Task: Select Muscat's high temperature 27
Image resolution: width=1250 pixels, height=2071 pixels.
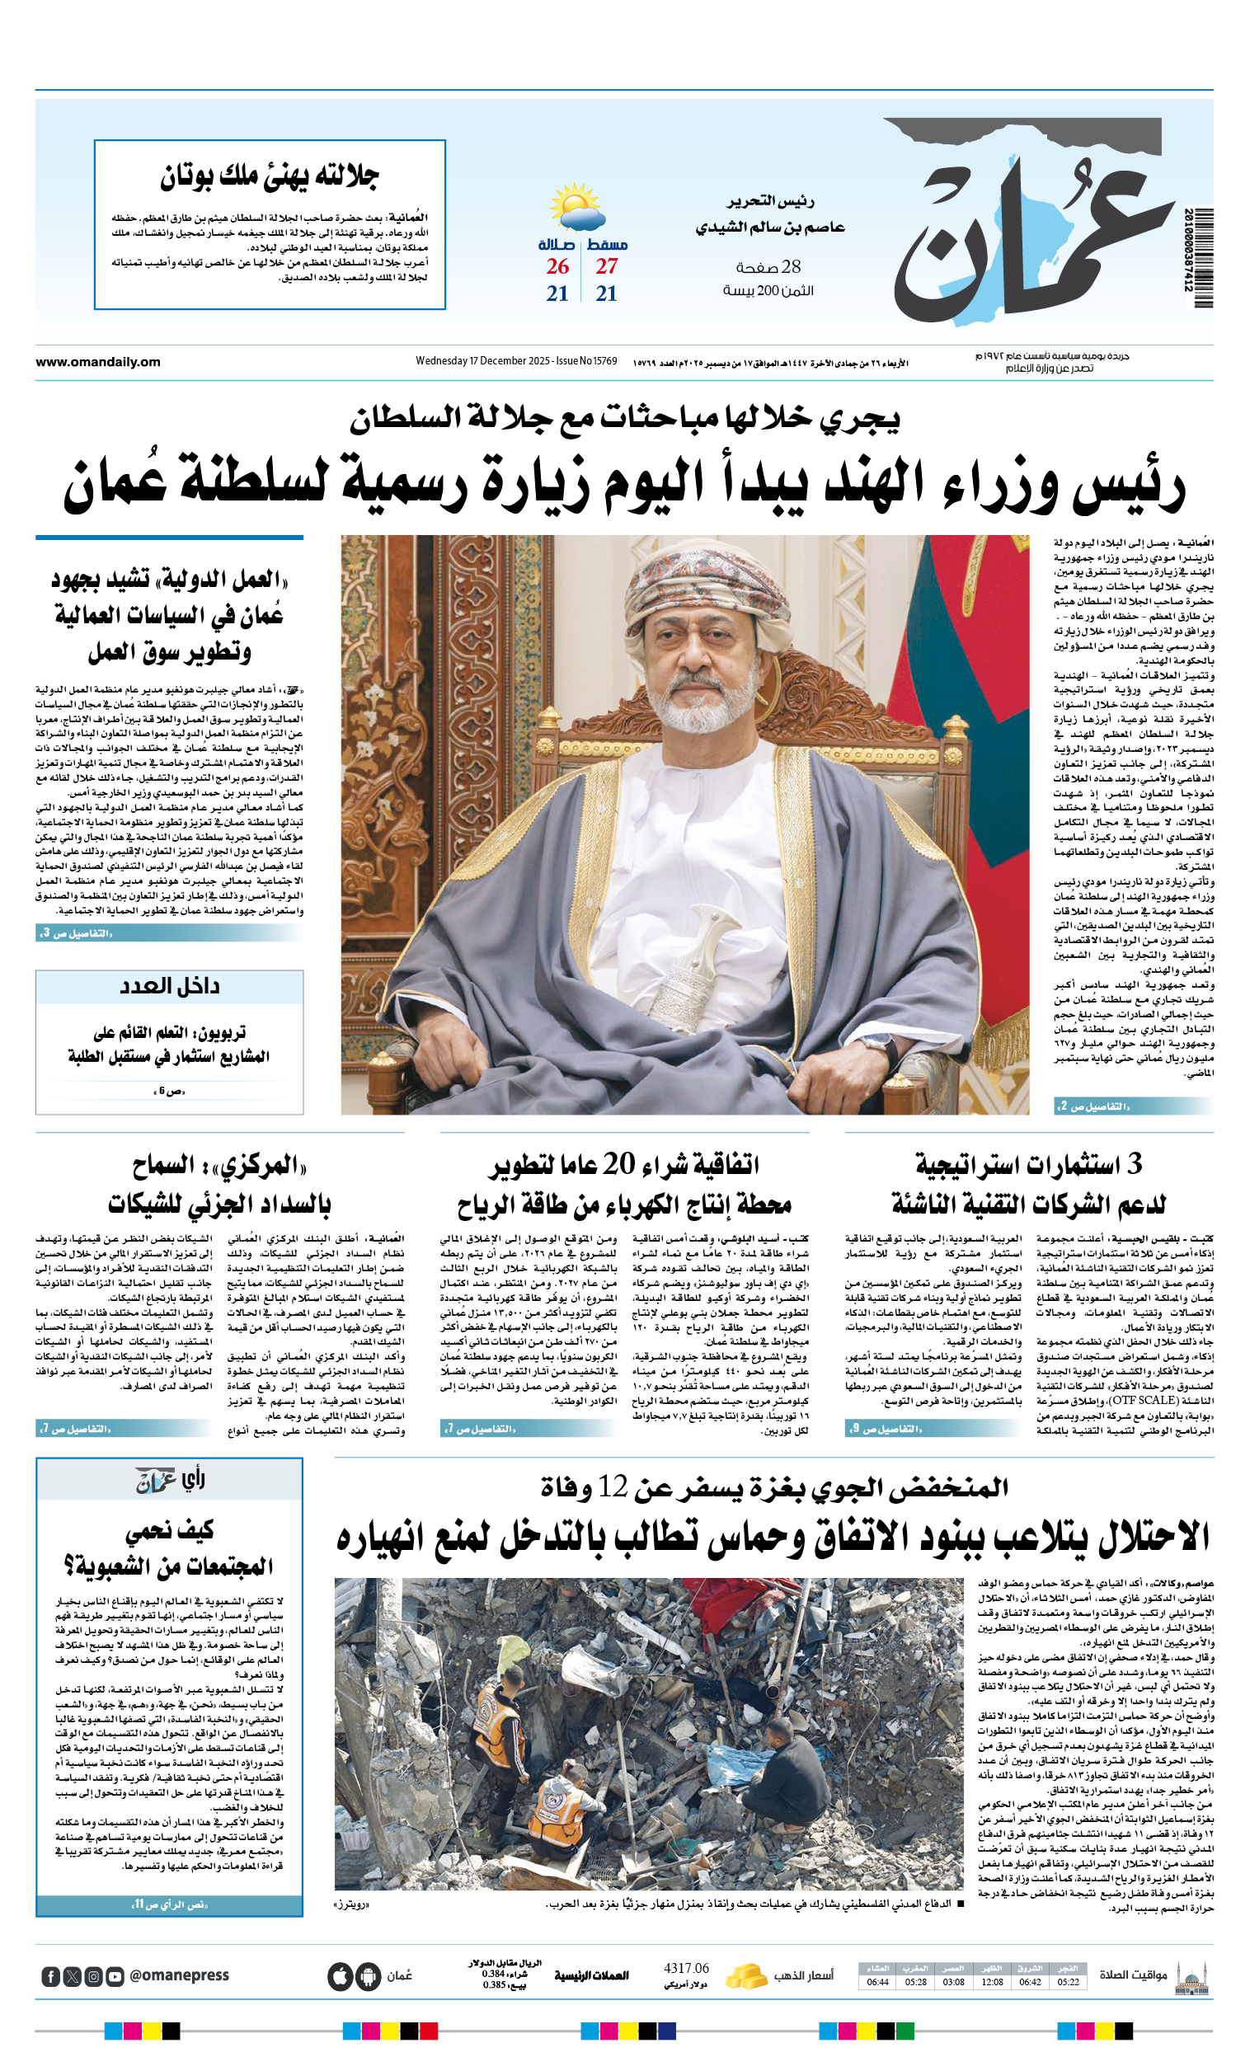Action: coord(607,266)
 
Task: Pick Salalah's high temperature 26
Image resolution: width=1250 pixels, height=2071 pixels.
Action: coord(557,266)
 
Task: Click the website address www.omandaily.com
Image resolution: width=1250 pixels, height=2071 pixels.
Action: coord(97,362)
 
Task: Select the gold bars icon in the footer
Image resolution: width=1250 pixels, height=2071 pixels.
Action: coord(745,1976)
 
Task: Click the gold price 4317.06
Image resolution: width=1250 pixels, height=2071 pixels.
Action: coord(686,1969)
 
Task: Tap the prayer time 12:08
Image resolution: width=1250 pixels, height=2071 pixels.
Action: coord(992,1983)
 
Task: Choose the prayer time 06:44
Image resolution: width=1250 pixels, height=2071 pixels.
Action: coord(877,1983)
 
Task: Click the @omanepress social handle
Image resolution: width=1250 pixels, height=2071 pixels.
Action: coord(179,1976)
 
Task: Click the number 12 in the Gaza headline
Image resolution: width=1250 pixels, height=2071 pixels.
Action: coord(613,1486)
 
